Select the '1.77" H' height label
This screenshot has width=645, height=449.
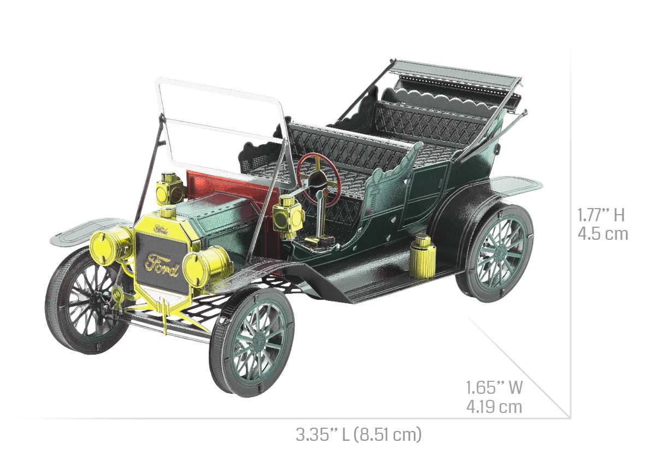pos(601,215)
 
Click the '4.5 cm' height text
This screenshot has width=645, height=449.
pos(602,234)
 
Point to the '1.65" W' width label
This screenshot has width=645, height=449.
pos(494,387)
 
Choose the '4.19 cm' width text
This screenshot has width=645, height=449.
pos(494,406)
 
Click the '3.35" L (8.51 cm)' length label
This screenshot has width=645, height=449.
pos(359,434)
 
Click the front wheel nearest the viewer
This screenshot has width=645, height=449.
pos(253,342)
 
